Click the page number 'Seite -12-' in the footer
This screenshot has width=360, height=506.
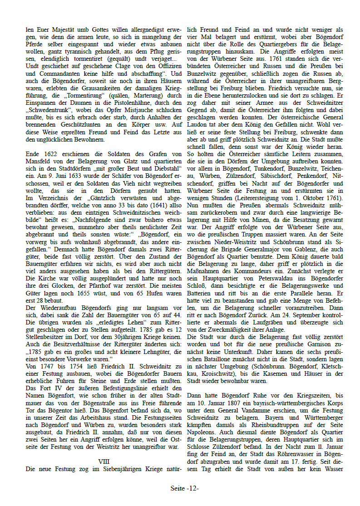185,489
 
